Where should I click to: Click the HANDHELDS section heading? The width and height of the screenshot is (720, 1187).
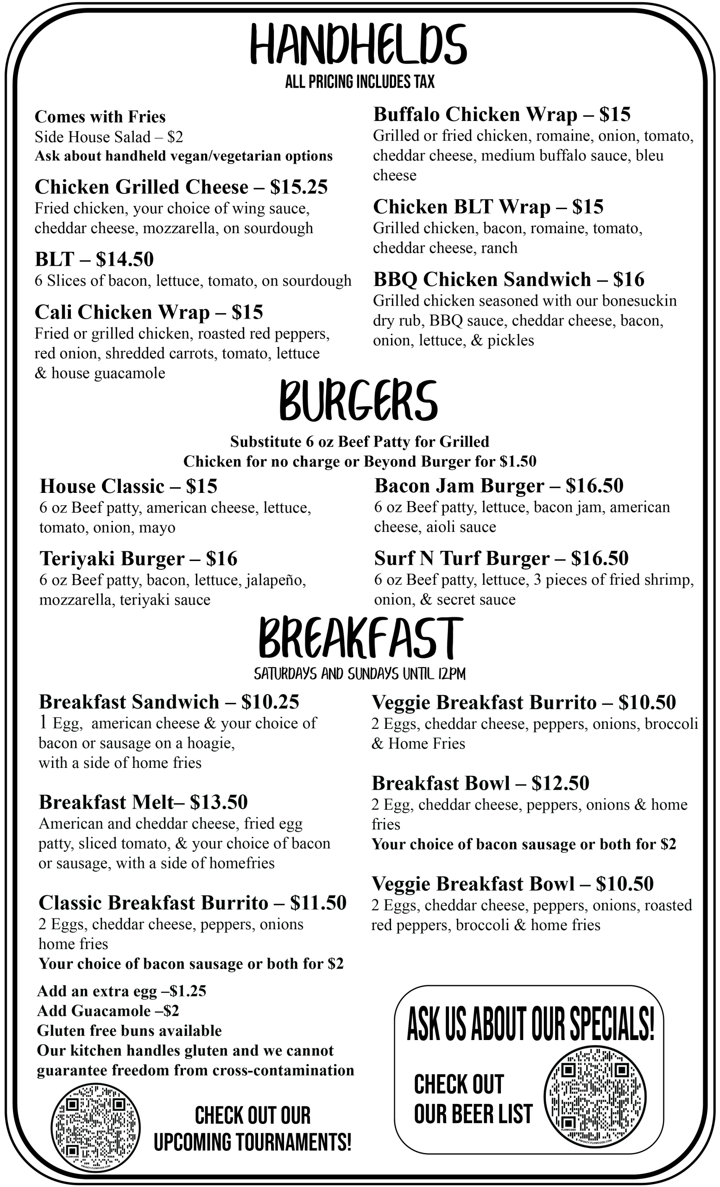tap(359, 45)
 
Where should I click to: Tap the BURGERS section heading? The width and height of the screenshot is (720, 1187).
tap(359, 400)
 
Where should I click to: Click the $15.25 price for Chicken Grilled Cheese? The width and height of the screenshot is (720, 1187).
tap(298, 187)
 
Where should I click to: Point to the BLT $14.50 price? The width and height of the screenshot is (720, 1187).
tap(125, 259)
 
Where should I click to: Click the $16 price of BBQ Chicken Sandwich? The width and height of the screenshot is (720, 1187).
tap(629, 280)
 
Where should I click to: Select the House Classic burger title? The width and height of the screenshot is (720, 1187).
tap(101, 486)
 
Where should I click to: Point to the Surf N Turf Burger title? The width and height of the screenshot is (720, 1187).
tap(461, 558)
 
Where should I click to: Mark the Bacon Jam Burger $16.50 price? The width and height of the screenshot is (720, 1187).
tap(594, 485)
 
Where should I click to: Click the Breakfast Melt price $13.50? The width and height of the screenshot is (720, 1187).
tap(219, 802)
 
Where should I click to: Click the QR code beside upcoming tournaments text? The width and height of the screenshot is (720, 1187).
tap(95, 1128)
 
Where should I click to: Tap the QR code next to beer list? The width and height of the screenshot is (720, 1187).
tap(595, 1097)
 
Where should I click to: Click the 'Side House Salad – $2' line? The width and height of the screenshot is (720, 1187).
tap(109, 137)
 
